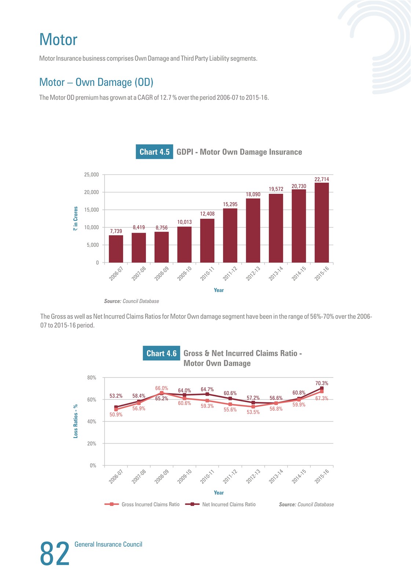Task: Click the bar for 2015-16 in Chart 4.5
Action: click(x=322, y=223)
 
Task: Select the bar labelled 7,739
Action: click(x=116, y=249)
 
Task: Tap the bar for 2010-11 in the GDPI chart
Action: click(x=207, y=241)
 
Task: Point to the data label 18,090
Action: click(x=253, y=194)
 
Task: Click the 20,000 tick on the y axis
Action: click(x=91, y=192)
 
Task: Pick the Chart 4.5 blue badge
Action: click(x=154, y=152)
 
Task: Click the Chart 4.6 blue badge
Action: click(x=161, y=353)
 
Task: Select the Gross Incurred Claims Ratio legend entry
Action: click(x=142, y=504)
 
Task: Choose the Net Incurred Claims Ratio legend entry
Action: click(x=220, y=504)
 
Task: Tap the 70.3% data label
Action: click(x=322, y=383)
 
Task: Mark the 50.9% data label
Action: click(x=116, y=415)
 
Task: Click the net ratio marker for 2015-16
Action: click(x=322, y=388)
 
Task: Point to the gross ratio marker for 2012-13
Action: click(x=253, y=407)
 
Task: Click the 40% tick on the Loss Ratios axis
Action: click(x=92, y=421)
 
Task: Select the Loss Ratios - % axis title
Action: click(x=76, y=421)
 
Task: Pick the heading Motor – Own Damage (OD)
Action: click(x=96, y=82)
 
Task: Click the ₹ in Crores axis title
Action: click(x=76, y=218)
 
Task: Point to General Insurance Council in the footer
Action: click(x=108, y=544)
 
